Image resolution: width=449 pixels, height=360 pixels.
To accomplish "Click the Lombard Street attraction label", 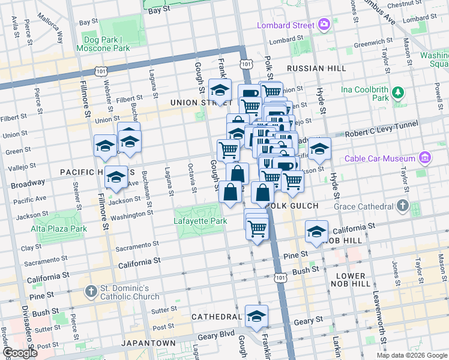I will pos(286,25).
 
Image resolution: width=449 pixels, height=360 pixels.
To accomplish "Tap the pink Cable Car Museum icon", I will pos(426,158).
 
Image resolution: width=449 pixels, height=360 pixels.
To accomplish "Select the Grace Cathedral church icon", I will pos(402,207).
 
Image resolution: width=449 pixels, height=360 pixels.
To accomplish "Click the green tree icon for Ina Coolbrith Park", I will pos(397,92).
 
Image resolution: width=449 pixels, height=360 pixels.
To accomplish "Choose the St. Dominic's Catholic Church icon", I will pos(91,292).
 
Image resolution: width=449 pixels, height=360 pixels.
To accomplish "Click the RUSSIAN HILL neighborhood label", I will pos(316,68).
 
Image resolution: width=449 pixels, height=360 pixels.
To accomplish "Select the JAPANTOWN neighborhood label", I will pos(149,343).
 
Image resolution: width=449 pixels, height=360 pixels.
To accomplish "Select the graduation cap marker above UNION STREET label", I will pos(220,91).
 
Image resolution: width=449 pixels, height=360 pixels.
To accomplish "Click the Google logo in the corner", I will pos(20,353).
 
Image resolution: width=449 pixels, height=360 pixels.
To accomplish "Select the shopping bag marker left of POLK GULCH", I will pos(262,193).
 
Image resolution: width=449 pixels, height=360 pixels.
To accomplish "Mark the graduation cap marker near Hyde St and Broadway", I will pos(319,149).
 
